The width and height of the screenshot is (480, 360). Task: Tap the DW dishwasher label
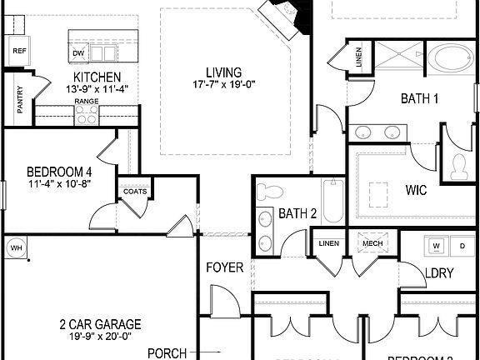79,54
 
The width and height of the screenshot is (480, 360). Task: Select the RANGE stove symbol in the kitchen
87,116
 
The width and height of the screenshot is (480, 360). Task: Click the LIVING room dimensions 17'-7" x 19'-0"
224,84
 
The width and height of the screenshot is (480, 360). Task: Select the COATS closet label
134,191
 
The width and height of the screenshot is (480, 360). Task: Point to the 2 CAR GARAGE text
99,324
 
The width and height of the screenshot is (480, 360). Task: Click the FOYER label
225,268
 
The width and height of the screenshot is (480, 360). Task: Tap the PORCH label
167,353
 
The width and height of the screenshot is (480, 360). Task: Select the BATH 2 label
297,213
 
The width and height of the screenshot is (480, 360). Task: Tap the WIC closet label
417,191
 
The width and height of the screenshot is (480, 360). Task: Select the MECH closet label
371,243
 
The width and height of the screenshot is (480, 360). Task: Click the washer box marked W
435,246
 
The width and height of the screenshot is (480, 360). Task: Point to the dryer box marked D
462,246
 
